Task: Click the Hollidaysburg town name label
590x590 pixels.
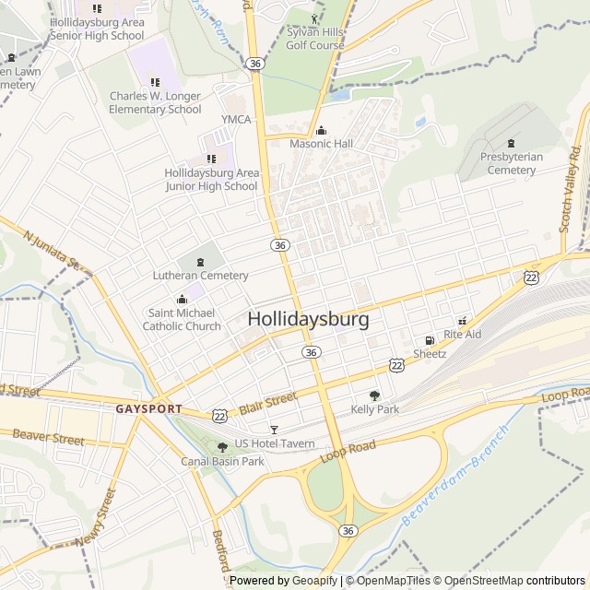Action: click(309, 320)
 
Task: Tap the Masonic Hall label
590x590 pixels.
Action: click(321, 145)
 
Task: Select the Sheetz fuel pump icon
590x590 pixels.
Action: click(430, 340)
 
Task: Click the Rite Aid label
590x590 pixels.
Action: click(462, 335)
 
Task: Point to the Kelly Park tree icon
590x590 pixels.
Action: click(374, 395)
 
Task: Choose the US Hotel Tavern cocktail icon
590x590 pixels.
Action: click(273, 430)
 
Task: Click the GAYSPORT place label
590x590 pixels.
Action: click(147, 407)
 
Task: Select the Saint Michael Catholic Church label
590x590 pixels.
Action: click(184, 319)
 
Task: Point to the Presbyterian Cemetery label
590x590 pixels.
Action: click(512, 163)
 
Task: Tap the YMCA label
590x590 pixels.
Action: click(236, 120)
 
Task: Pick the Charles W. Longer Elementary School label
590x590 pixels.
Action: click(155, 102)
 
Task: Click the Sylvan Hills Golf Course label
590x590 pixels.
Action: click(314, 37)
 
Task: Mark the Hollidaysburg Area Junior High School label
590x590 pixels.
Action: click(211, 179)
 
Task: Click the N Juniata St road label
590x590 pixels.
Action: click(55, 248)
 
